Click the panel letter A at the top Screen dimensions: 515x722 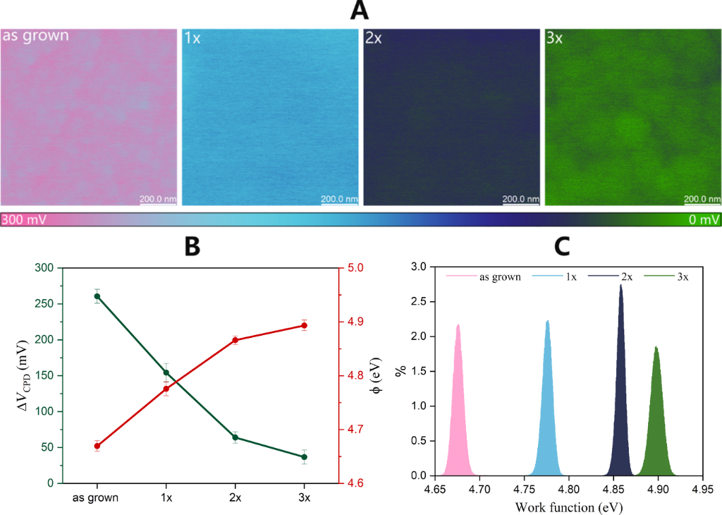coord(360,11)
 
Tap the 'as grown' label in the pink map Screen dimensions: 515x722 coord(36,35)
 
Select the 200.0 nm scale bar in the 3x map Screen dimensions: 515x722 coord(701,198)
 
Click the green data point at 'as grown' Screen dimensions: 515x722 coord(97,296)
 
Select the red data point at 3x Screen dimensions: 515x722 coord(304,325)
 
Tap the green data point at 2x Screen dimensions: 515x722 coord(235,437)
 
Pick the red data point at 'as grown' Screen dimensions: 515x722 coord(97,446)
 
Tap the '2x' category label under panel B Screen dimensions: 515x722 coord(235,497)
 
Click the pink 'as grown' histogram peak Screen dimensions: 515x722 coord(458,326)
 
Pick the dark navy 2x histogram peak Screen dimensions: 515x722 coord(621,286)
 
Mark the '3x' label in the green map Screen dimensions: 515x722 coord(555,37)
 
